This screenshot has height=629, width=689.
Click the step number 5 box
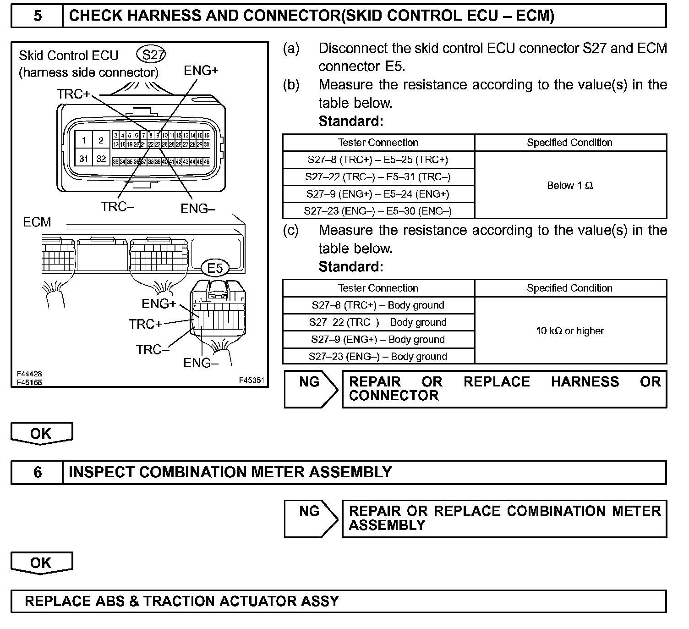point(37,16)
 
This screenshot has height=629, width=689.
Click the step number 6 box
point(37,472)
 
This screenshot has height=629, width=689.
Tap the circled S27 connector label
point(151,55)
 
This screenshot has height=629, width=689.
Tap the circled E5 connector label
point(215,268)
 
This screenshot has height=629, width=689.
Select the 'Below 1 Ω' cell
point(570,185)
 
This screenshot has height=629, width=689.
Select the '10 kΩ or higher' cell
point(570,331)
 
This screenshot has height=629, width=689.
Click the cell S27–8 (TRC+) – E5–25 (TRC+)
point(378,160)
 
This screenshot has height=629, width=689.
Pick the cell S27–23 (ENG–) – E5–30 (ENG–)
point(378,211)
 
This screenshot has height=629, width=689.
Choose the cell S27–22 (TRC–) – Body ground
point(378,322)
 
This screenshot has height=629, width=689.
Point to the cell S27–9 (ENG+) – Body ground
point(378,339)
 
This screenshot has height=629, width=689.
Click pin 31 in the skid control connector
point(83,159)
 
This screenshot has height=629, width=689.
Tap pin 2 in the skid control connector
point(101,140)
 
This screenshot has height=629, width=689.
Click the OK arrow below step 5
point(41,434)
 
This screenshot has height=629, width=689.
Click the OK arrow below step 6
point(41,563)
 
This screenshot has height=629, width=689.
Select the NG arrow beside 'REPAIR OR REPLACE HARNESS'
point(310,389)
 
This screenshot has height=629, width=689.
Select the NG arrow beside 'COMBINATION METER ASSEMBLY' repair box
point(310,518)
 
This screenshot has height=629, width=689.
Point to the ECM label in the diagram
point(37,222)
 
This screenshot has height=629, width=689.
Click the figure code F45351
point(252,380)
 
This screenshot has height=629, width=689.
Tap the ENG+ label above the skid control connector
point(201,71)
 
